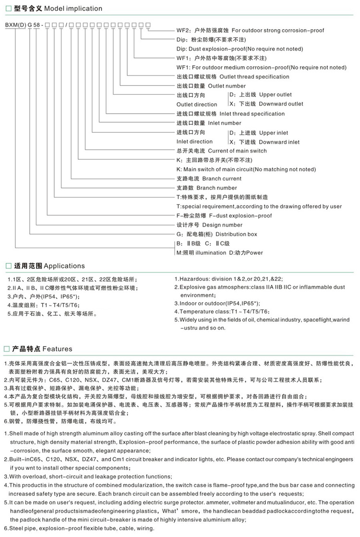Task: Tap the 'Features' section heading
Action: click(57, 349)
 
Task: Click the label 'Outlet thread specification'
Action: click(253, 77)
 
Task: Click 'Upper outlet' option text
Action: click(275, 95)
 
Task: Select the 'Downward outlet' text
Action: click(281, 104)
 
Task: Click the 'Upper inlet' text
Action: click(273, 133)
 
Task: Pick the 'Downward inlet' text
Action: click(279, 142)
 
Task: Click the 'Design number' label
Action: click(222, 225)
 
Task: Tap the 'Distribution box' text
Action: click(236, 234)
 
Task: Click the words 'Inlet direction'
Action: click(194, 142)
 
